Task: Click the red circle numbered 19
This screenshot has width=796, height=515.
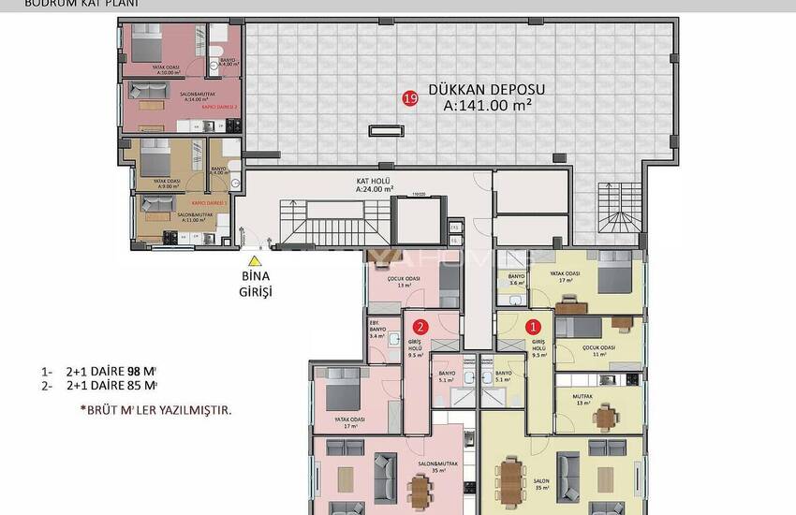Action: [409, 97]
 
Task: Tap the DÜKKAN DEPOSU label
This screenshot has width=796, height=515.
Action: [486, 90]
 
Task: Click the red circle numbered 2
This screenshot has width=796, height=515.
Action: [421, 327]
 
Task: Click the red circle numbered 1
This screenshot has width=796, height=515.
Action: [535, 327]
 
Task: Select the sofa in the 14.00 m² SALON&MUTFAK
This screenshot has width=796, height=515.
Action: [149, 92]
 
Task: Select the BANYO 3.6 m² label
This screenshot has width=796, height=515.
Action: [516, 279]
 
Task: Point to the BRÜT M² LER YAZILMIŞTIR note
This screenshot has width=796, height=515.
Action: [155, 410]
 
